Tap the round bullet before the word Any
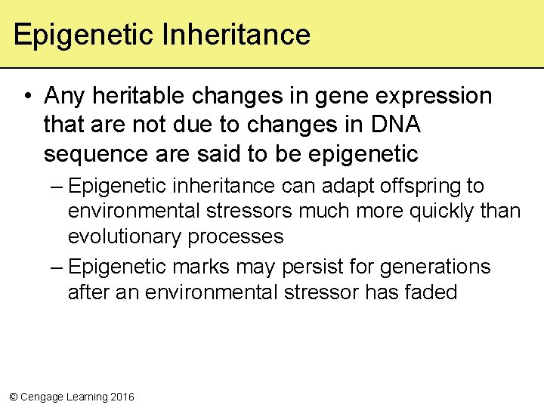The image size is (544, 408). coord(26,97)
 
